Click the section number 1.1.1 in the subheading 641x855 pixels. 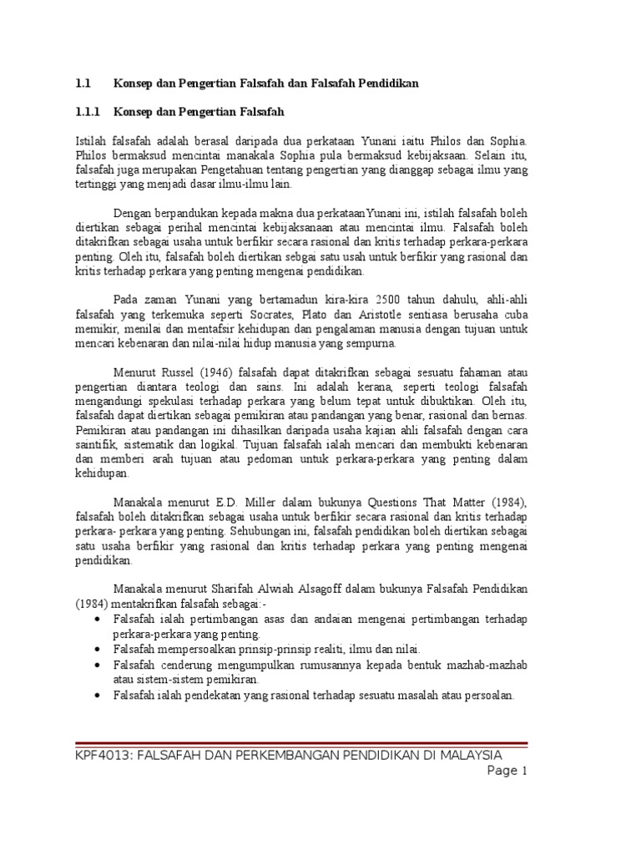point(87,110)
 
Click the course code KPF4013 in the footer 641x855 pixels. point(102,756)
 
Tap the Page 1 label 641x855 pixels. point(508,772)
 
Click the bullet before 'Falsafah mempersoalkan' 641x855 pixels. point(99,649)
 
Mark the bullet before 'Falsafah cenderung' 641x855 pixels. point(99,665)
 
